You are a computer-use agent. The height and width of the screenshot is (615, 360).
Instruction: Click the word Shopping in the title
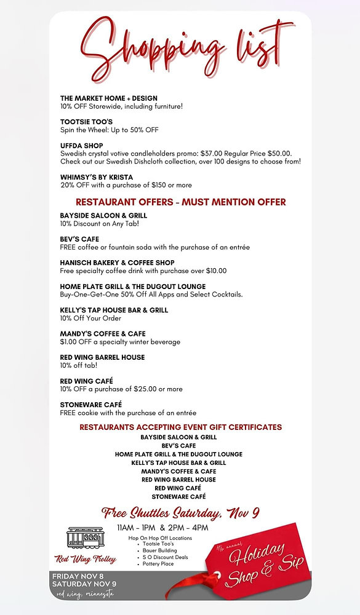click(x=154, y=46)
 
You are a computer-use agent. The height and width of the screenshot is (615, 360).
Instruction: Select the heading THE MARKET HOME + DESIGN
click(x=109, y=98)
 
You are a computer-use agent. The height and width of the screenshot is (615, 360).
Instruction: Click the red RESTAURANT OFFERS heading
click(x=180, y=202)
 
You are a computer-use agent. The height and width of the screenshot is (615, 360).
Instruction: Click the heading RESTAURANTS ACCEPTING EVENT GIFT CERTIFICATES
click(x=180, y=427)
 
